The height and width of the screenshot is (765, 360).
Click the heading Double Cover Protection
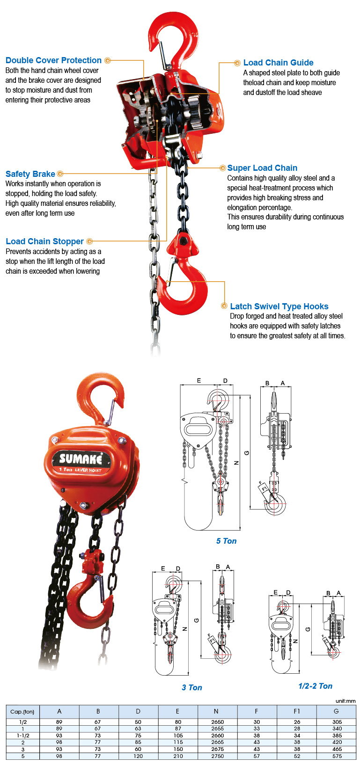click(53, 60)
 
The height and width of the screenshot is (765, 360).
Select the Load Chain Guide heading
click(278, 63)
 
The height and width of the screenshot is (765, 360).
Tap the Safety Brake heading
click(30, 174)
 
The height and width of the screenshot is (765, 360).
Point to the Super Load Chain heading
click(262, 168)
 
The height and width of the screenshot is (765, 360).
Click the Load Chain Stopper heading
click(44, 241)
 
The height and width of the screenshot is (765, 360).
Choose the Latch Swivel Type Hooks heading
click(279, 306)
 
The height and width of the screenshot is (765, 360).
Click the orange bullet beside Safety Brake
click(60, 174)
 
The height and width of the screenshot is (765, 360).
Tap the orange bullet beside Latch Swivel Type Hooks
click(224, 306)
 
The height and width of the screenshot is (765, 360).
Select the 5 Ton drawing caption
click(226, 541)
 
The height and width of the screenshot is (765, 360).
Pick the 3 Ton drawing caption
click(192, 687)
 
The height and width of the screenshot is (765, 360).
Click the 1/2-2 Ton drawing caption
click(315, 686)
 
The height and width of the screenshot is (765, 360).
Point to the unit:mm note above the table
click(345, 701)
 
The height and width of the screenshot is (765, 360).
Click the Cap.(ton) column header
click(22, 712)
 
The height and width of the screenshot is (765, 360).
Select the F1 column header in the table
click(296, 711)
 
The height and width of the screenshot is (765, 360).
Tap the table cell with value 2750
click(217, 756)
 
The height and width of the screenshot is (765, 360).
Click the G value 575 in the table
click(337, 756)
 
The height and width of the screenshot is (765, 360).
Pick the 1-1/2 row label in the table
click(23, 736)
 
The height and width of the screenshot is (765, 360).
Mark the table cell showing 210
click(178, 756)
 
